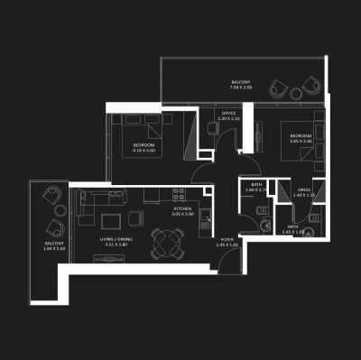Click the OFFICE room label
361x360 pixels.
[x=229, y=112]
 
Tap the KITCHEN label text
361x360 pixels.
[x=183, y=208]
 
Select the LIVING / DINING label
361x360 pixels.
[x=115, y=238]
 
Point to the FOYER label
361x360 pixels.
[x=227, y=238]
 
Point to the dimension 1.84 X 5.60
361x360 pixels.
[x=54, y=250]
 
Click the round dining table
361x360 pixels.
[x=165, y=241]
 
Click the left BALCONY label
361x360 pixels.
[x=54, y=244]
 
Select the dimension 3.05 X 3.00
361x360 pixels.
[x=183, y=214]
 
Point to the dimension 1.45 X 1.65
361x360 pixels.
[x=227, y=245]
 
